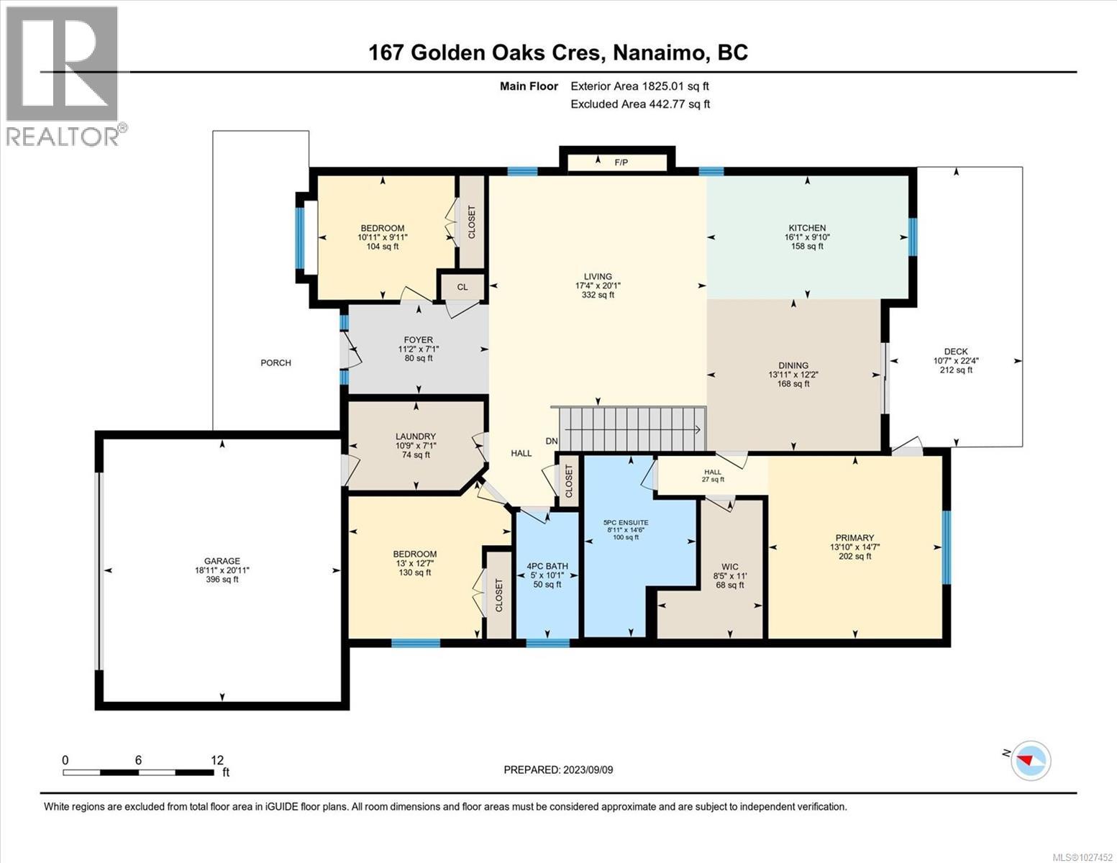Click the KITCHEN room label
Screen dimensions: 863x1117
pos(806,228)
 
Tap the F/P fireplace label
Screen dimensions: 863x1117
pos(621,163)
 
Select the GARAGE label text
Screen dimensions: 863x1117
pos(222,561)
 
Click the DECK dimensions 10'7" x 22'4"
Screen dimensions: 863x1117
pos(955,361)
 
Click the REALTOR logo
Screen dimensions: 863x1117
pos(63,76)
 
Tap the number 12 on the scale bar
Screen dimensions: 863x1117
pos(216,759)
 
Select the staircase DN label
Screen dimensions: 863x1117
pos(551,442)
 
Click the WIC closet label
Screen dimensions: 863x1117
pos(730,567)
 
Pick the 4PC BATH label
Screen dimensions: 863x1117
pos(547,566)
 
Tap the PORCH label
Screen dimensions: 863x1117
pos(275,362)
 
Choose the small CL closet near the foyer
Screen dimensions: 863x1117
pos(462,287)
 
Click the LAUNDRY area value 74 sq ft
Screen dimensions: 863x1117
pos(415,455)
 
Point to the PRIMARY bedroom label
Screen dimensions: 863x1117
pos(854,537)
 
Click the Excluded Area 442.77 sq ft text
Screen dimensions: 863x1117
pos(640,104)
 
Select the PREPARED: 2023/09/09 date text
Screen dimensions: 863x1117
pos(558,770)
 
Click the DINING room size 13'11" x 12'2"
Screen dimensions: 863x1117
pos(793,375)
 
